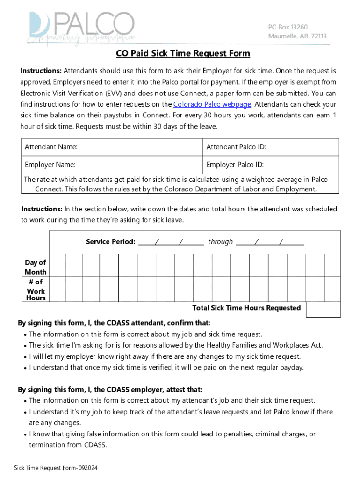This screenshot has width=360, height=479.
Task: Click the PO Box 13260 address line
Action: [288, 27]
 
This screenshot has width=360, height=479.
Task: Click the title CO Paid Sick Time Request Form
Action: [183, 54]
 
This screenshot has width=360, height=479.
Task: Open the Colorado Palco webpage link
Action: [212, 104]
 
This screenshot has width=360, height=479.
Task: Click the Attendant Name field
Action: [112, 147]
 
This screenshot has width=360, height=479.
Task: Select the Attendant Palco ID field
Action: [271, 147]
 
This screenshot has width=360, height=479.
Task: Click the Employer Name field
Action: [112, 165]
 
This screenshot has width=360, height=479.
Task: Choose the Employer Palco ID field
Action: [271, 165]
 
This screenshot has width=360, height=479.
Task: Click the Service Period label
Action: [111, 242]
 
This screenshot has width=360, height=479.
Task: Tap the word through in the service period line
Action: [220, 242]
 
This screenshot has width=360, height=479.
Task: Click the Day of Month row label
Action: [36, 267]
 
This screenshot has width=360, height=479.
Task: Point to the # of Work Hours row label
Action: [36, 290]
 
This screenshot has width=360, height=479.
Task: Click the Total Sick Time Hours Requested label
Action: [246, 308]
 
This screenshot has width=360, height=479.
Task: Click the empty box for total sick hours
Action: [324, 309]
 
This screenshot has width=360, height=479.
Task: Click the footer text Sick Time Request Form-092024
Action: [56, 468]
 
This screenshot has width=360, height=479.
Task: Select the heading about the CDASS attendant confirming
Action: [114, 323]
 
